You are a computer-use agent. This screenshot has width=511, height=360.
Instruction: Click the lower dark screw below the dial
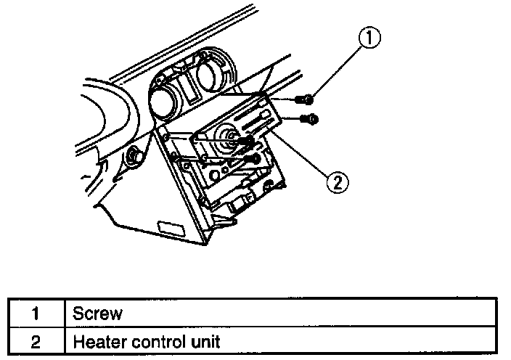pos(252,157)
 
